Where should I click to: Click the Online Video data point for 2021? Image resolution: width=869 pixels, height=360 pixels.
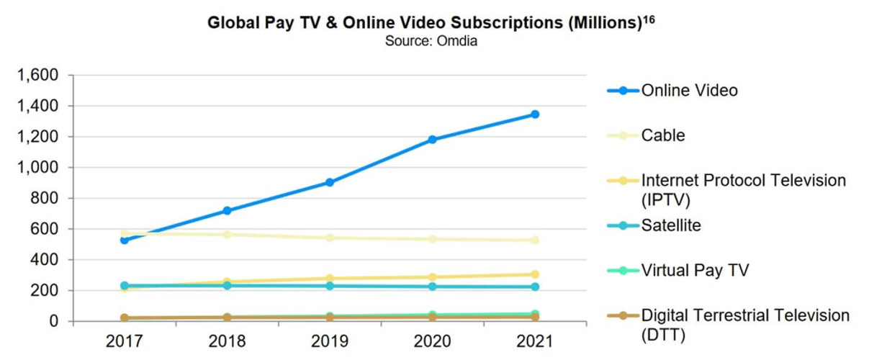pyautogui.click(x=535, y=114)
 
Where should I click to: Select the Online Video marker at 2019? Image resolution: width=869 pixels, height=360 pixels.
pyautogui.click(x=329, y=182)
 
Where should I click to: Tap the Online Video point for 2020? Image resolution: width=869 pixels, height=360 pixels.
pyautogui.click(x=432, y=139)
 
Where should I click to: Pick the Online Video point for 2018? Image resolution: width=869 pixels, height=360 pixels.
pyautogui.click(x=227, y=211)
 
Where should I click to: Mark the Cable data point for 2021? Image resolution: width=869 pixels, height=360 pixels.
pyautogui.click(x=535, y=240)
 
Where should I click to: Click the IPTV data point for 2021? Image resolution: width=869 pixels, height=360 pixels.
pyautogui.click(x=535, y=274)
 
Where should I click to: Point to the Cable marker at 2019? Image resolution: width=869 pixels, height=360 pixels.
pyautogui.click(x=329, y=238)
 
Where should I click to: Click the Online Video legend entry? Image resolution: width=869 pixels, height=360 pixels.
pyautogui.click(x=689, y=91)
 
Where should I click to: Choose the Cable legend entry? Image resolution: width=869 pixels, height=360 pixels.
pyautogui.click(x=663, y=135)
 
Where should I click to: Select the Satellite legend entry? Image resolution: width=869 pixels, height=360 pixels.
pyautogui.click(x=671, y=225)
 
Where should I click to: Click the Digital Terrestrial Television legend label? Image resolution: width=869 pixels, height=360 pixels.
pyautogui.click(x=745, y=315)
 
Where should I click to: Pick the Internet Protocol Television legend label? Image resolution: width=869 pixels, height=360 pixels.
pyautogui.click(x=744, y=180)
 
